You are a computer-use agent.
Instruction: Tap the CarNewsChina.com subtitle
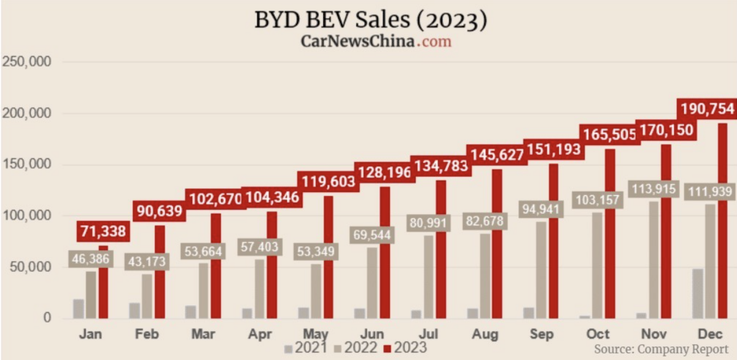click(x=375, y=41)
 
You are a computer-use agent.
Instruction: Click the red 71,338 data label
click(x=102, y=232)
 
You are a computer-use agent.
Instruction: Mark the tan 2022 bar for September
click(x=540, y=270)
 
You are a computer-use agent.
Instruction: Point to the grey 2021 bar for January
click(x=79, y=309)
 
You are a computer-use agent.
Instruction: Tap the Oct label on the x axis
click(x=597, y=334)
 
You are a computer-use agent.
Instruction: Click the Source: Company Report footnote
click(x=661, y=349)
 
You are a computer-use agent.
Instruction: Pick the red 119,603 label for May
click(x=326, y=181)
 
